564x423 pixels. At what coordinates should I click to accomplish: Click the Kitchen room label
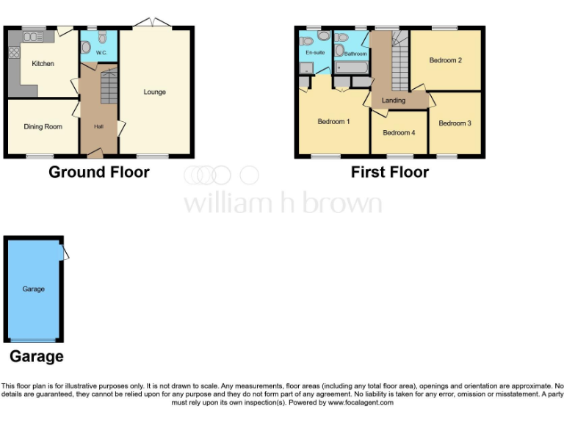coord(43,64)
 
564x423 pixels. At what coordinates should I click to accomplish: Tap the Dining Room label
coord(43,126)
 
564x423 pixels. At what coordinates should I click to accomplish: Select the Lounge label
coord(154,92)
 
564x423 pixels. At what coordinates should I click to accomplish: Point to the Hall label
coord(98,126)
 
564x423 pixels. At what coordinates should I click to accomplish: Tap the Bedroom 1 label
coord(333,122)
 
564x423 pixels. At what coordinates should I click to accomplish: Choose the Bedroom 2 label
coord(446,60)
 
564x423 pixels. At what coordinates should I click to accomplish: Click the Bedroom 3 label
coord(455,123)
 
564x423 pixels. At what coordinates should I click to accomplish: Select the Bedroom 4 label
coord(399,133)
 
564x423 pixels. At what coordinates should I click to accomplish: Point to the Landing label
coord(393,101)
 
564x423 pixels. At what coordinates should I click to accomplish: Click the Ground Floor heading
coord(99,173)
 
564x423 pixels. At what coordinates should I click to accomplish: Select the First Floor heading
coord(389,173)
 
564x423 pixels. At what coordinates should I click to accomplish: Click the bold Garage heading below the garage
coord(36,357)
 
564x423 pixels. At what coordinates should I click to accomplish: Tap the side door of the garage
coord(65,253)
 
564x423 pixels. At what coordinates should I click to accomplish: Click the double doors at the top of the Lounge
coord(153,24)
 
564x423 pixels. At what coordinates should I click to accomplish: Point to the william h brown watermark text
coord(282,203)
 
